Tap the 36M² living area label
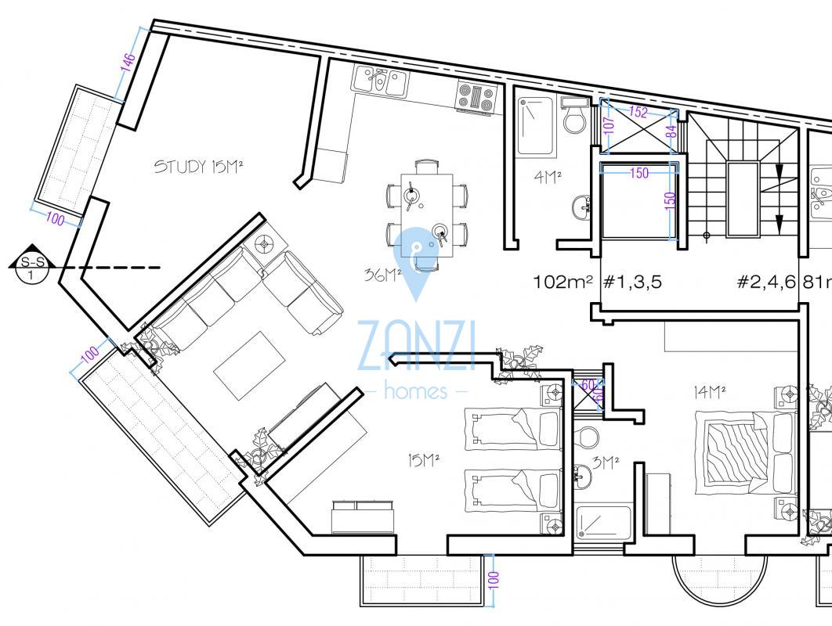point(382,275)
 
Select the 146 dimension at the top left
point(128,62)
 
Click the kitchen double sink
point(381,81)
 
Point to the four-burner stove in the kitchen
point(476,98)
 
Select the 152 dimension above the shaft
point(638,112)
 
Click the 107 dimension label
point(610,125)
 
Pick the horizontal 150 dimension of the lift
point(639,173)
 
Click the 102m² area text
point(563,282)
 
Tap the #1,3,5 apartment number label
point(632,282)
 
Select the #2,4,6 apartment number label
point(767,282)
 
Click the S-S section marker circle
point(32,268)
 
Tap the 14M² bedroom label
point(710,393)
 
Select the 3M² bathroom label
point(606,463)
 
